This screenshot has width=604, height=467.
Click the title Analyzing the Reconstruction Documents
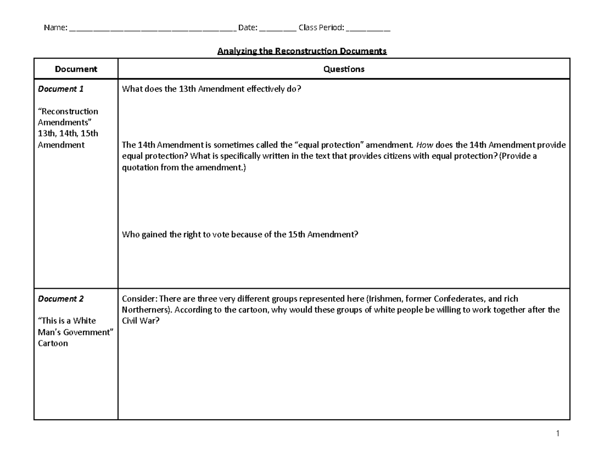pos(301,51)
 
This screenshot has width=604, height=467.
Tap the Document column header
pos(76,69)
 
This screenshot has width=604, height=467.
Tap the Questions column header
pos(344,69)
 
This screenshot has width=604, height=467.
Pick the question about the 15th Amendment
pos(240,234)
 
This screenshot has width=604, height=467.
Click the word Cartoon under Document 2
pos(53,344)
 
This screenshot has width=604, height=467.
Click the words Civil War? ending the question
pos(141,321)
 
